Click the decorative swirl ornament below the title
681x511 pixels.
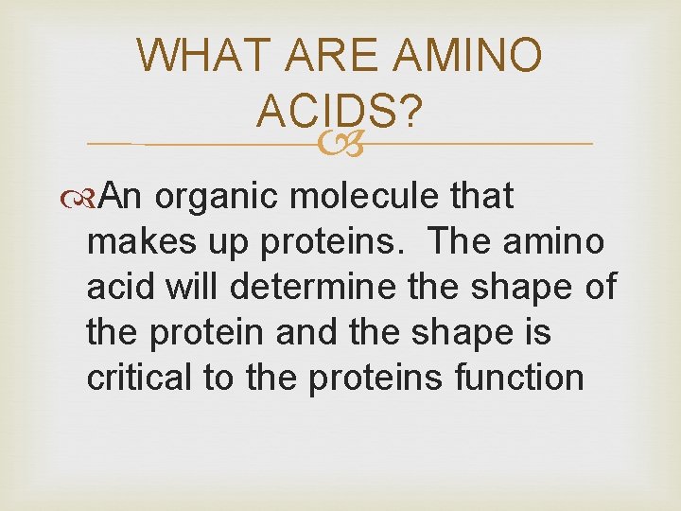[x=340, y=144]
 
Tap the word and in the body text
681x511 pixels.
[x=288, y=332]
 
